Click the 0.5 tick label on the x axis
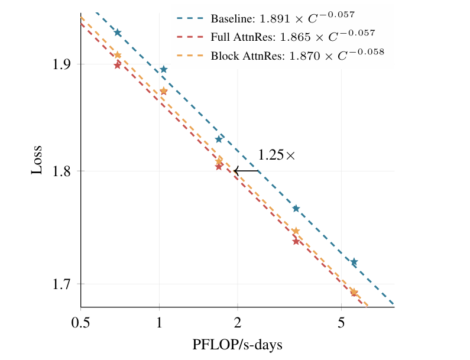[80, 323]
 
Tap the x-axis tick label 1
[160, 323]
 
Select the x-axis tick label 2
[238, 323]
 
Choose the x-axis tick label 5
[341, 323]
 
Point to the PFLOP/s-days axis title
[237, 345]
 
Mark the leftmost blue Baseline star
[118, 33]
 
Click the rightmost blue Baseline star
[354, 261]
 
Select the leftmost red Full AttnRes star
[117, 65]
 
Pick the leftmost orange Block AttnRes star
[118, 55]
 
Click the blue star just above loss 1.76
[296, 208]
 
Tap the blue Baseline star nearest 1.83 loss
[219, 139]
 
